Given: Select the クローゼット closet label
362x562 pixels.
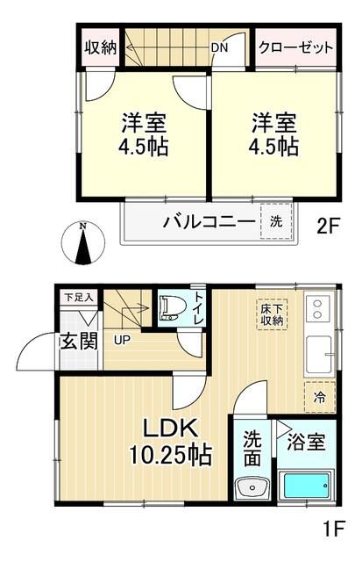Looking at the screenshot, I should pos(295,47).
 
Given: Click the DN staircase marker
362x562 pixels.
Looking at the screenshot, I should pos(220,48).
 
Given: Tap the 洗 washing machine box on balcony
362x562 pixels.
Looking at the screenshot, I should pos(275,221).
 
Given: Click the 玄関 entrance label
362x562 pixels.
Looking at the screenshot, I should pos(78,340).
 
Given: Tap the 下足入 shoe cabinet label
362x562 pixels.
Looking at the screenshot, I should pos(76,299).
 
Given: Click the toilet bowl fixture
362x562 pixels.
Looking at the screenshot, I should pos(170,308).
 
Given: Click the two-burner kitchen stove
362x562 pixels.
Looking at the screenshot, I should pos(317,308).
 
